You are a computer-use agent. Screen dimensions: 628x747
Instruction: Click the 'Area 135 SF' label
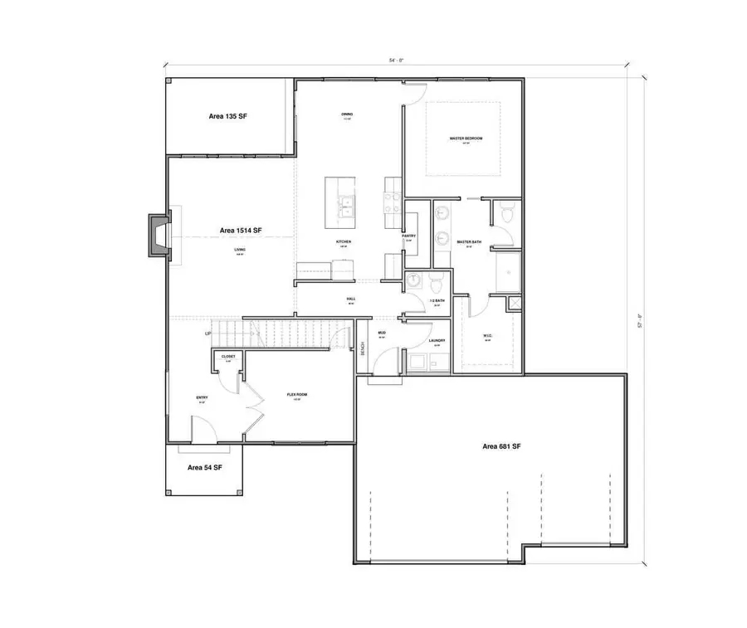point(227,117)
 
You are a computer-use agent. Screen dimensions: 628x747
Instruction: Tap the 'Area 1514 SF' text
point(241,230)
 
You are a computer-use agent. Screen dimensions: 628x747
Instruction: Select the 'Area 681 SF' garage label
point(501,446)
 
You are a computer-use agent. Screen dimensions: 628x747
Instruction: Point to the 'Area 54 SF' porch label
point(203,468)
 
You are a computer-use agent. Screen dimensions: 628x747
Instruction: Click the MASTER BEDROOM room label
point(466,139)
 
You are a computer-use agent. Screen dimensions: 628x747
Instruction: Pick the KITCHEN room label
point(344,241)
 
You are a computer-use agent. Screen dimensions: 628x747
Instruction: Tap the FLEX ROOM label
point(297,395)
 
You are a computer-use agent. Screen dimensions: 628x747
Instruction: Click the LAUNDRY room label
point(437,341)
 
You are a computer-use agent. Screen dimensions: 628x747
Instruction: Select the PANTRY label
point(408,236)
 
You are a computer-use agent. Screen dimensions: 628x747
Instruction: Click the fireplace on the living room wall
point(157,235)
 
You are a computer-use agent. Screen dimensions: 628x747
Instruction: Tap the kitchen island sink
point(345,203)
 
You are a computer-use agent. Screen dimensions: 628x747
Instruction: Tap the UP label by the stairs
point(208,333)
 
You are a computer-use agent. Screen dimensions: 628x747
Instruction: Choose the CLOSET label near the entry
point(227,357)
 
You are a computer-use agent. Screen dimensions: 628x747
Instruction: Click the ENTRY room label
point(202,397)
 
